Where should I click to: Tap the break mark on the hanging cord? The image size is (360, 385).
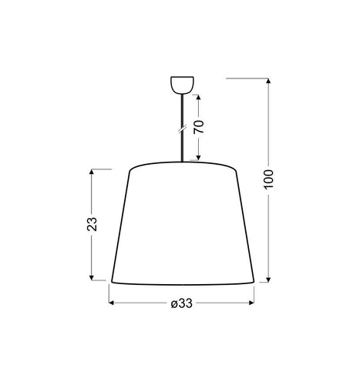click(x=183, y=130)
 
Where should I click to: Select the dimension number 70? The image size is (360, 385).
click(x=198, y=128)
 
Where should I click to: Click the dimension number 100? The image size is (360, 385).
click(x=267, y=179)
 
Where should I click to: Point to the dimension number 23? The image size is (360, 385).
click(x=92, y=224)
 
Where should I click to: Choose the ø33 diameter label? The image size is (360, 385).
click(x=181, y=303)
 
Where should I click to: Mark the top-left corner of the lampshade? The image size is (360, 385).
click(x=127, y=169)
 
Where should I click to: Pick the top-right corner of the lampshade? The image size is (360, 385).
click(x=237, y=169)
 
